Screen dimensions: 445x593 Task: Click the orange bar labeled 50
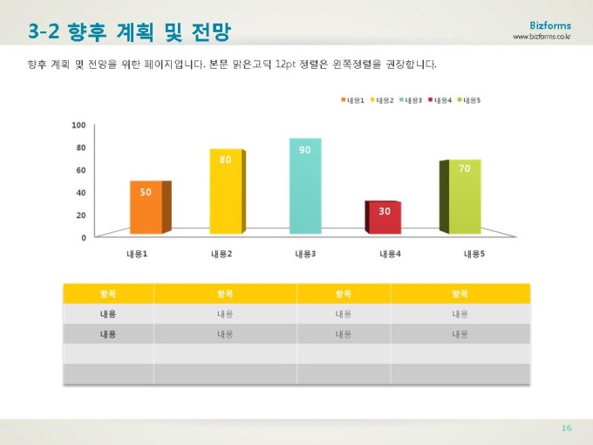pyautogui.click(x=146, y=208)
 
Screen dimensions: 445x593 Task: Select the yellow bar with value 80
pyautogui.click(x=226, y=192)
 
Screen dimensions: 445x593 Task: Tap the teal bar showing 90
pyautogui.click(x=305, y=186)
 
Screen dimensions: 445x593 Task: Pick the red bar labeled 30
pyautogui.click(x=385, y=217)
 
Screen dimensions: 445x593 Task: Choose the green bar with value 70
pyautogui.click(x=464, y=197)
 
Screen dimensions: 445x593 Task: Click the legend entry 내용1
pyautogui.click(x=352, y=100)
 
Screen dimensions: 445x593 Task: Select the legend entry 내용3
pyautogui.click(x=412, y=100)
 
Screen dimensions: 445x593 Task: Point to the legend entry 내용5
pyautogui.click(x=470, y=100)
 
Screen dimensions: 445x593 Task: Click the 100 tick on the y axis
pyautogui.click(x=78, y=126)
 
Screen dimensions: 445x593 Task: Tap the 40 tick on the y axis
pyautogui.click(x=80, y=192)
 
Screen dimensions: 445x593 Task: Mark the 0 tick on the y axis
pyautogui.click(x=84, y=236)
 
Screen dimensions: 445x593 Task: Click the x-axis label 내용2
pyautogui.click(x=222, y=254)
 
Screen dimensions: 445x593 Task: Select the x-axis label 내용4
pyautogui.click(x=390, y=254)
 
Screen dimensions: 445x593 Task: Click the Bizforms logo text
pyautogui.click(x=550, y=25)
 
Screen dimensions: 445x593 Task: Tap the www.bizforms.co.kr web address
pyautogui.click(x=542, y=37)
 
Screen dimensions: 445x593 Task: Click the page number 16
pyautogui.click(x=566, y=428)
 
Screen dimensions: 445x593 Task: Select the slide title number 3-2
pyautogui.click(x=44, y=32)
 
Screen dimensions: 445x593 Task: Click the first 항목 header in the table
pyautogui.click(x=108, y=293)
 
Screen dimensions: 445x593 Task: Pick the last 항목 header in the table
pyautogui.click(x=460, y=293)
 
